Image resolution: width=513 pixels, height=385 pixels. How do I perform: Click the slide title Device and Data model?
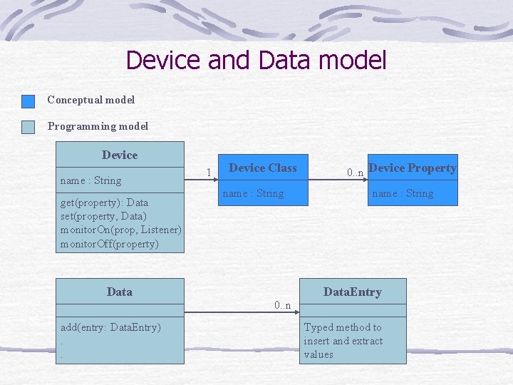(256, 60)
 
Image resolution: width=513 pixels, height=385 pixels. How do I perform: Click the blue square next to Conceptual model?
(28, 101)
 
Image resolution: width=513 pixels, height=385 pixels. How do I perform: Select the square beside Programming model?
(28, 127)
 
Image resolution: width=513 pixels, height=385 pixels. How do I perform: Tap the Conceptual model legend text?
(90, 100)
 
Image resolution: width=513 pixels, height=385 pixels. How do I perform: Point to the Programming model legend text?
(98, 126)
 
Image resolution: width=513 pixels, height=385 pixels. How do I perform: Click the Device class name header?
(120, 155)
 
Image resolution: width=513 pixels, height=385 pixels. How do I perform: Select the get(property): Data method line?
(104, 202)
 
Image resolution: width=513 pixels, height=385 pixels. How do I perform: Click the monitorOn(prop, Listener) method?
(120, 230)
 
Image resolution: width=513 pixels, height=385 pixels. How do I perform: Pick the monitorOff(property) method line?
(109, 244)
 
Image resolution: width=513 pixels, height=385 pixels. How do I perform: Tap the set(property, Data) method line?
(103, 216)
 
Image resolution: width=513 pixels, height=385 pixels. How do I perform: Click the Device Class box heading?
(262, 168)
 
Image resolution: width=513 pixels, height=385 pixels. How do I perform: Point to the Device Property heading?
(412, 168)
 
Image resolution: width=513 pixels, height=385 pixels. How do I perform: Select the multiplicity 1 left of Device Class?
(208, 172)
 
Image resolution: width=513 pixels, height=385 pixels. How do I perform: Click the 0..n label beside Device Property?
(355, 172)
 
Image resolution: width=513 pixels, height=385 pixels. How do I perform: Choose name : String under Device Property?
(403, 193)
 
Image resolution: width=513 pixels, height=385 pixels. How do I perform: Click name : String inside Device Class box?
(253, 193)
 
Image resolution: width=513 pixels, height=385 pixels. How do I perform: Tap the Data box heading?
(120, 292)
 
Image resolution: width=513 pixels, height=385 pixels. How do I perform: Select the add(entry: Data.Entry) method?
(110, 327)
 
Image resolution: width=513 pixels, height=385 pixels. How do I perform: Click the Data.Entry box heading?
(352, 292)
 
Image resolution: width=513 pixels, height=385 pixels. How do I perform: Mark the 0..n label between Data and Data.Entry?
(283, 305)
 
